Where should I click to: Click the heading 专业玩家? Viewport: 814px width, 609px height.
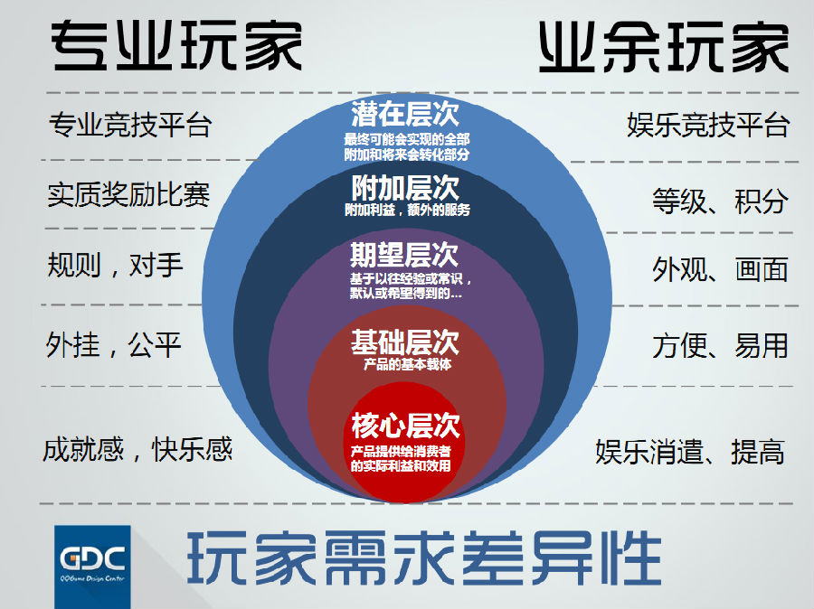coord(176,46)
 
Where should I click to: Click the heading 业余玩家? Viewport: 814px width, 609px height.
coord(664,47)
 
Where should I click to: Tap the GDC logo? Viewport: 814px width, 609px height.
coord(92,567)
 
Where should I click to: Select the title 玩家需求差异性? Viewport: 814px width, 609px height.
coord(423,558)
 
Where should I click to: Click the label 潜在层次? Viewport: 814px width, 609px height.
coord(405,114)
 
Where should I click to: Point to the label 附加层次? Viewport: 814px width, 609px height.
coord(405,187)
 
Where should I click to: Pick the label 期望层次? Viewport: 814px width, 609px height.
coord(404,254)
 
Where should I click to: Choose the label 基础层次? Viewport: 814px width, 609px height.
coord(405,342)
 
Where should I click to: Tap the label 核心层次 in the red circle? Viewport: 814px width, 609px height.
coord(405,426)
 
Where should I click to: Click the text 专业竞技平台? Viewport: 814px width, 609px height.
coord(130,125)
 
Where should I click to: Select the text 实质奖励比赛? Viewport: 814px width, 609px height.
coord(128,194)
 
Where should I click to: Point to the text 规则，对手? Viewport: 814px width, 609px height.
coord(115,265)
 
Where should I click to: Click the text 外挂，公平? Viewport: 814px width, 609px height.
coord(114,344)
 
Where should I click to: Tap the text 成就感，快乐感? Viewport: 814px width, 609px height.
coord(137,449)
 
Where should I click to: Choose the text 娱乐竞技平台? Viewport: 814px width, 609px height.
coord(708,125)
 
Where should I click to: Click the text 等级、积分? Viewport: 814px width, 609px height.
coord(721,201)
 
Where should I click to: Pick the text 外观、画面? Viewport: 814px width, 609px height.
coord(721,270)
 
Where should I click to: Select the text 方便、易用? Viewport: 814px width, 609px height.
coord(721,346)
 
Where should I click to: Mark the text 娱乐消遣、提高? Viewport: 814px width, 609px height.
coord(690,452)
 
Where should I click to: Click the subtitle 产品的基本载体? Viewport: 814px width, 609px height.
coord(408,364)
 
